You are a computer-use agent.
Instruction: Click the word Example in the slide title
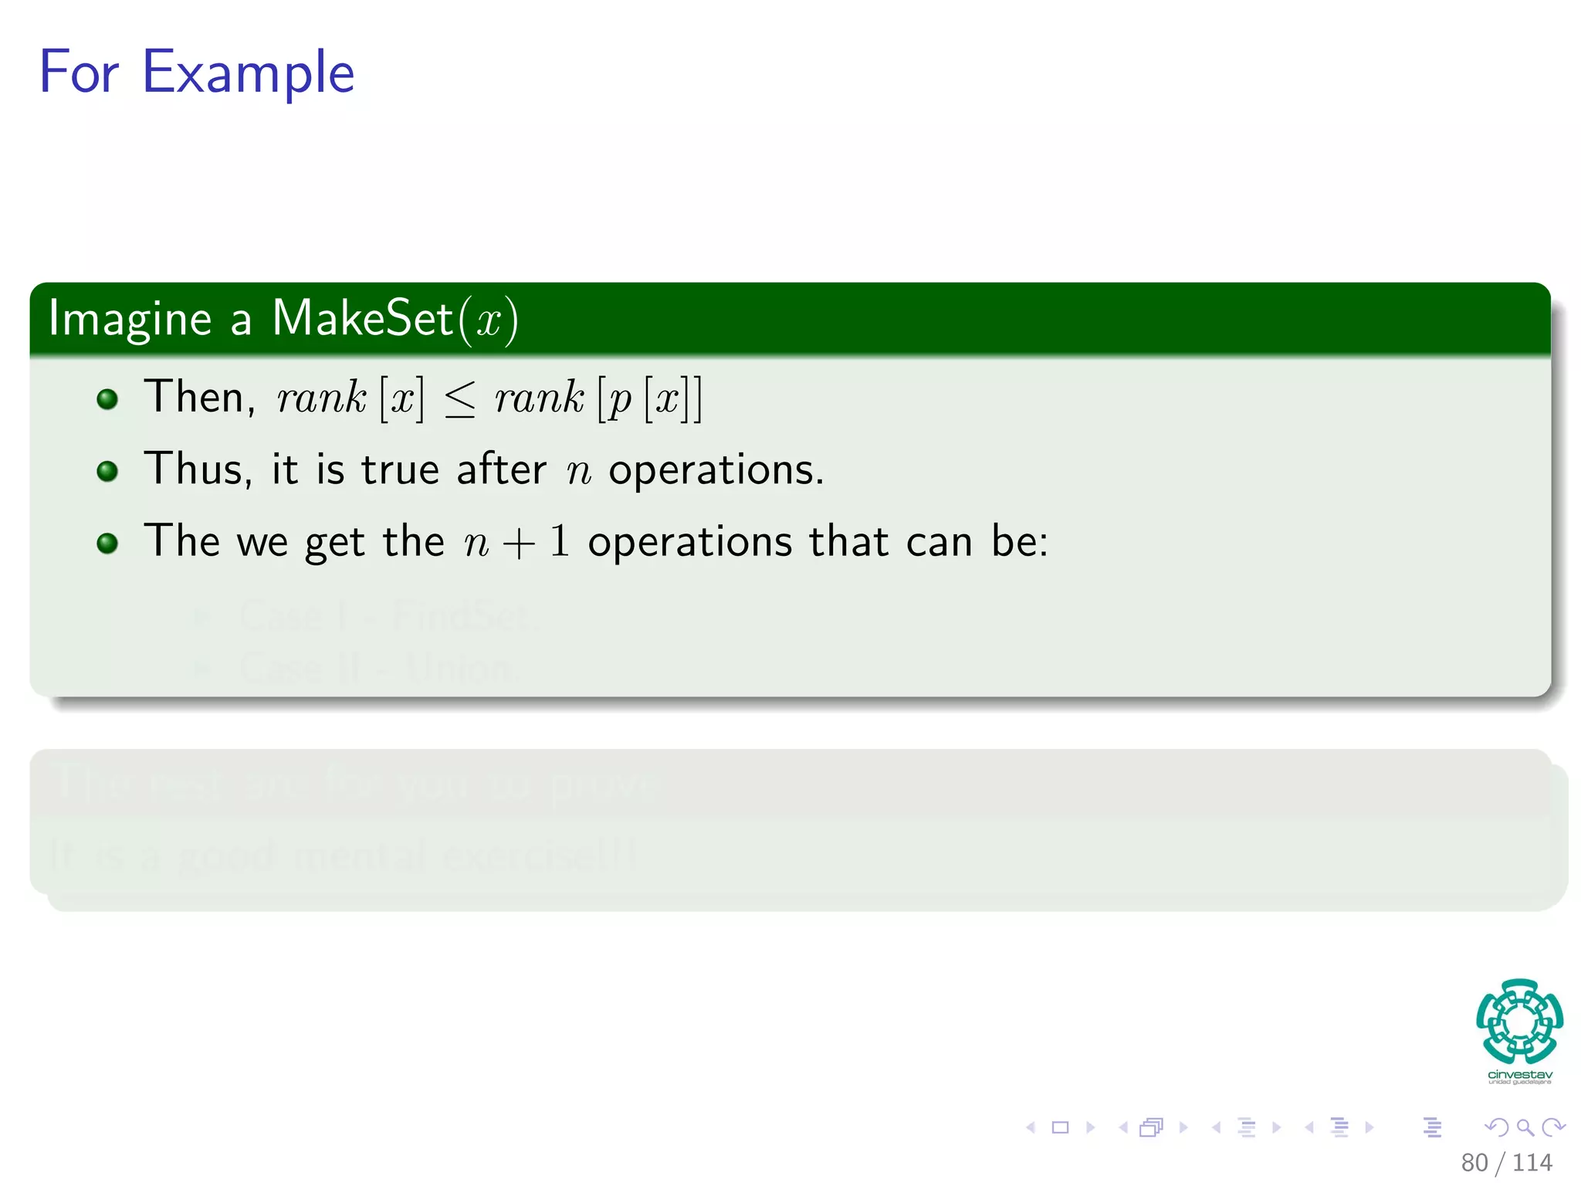(x=248, y=73)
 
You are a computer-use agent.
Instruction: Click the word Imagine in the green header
(x=130, y=319)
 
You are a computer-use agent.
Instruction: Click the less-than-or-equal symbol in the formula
(x=460, y=400)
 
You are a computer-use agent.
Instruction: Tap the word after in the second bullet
(x=501, y=469)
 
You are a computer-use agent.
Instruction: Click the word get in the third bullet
(x=334, y=542)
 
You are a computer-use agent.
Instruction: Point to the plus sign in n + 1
(x=519, y=543)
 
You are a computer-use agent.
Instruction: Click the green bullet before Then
(x=107, y=399)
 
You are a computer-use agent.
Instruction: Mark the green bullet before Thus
(x=107, y=471)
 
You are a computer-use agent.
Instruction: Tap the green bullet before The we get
(x=107, y=543)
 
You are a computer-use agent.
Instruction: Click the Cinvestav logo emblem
(x=1519, y=1021)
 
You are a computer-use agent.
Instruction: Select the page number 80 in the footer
(x=1474, y=1162)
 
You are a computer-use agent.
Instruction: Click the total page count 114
(x=1532, y=1162)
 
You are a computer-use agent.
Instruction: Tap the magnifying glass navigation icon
(x=1525, y=1127)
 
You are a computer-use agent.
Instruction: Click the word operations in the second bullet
(x=716, y=469)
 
